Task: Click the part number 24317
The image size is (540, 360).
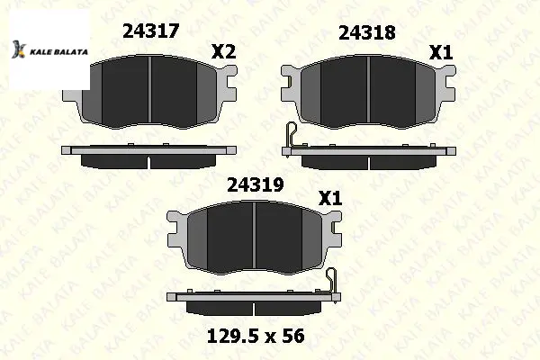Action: (x=151, y=31)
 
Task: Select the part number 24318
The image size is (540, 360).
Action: (x=367, y=32)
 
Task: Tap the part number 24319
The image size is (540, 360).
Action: (x=256, y=185)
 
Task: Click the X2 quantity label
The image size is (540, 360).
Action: (x=223, y=52)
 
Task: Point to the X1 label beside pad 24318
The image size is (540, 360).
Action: (x=441, y=53)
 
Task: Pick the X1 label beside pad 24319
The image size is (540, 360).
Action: (x=330, y=198)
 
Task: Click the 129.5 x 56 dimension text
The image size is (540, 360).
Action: (x=256, y=336)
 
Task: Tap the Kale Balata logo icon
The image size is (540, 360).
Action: (x=18, y=49)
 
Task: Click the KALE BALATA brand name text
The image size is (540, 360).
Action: (x=58, y=52)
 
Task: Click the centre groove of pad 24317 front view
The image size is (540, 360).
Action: (x=149, y=89)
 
